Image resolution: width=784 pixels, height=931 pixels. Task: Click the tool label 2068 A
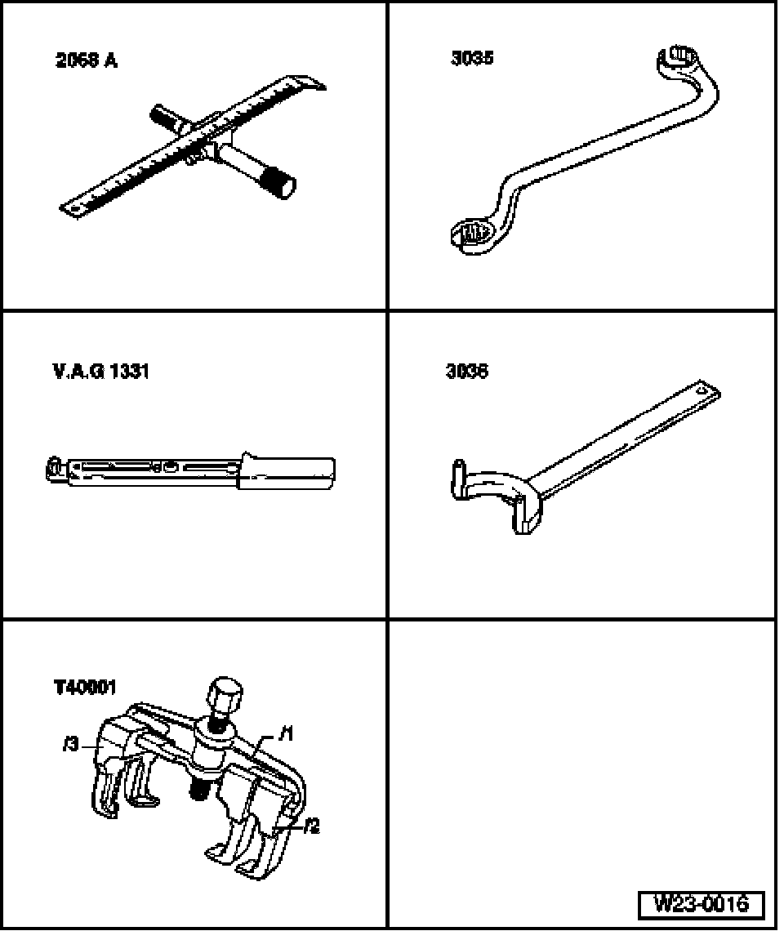click(86, 60)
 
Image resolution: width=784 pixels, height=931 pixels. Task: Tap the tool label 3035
click(471, 59)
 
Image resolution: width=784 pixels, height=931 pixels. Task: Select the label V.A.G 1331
click(96, 372)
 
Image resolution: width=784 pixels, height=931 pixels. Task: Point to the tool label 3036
click(467, 372)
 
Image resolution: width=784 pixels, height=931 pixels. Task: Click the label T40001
click(85, 688)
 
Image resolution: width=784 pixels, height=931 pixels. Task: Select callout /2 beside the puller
click(311, 826)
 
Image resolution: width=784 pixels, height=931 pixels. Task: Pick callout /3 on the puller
click(72, 745)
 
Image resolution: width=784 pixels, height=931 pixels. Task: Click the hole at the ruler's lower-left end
click(75, 210)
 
